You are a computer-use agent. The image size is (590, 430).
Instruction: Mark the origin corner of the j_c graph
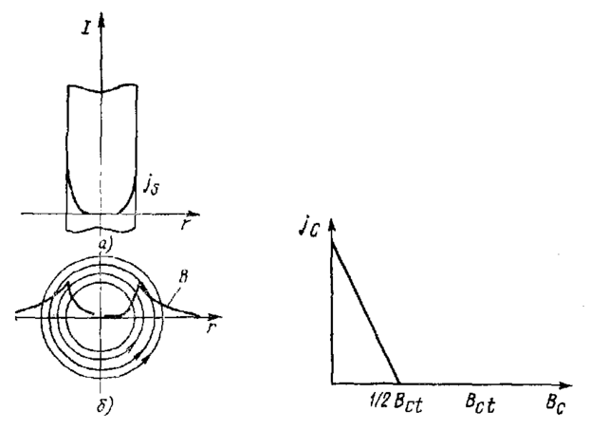(333, 386)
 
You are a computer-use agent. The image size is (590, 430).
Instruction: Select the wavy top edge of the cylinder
(101, 92)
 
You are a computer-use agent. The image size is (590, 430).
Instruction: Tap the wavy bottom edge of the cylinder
(101, 233)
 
